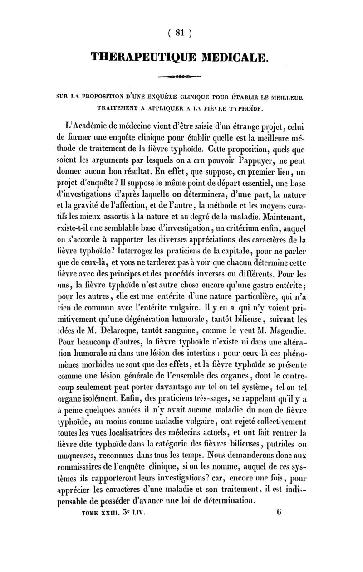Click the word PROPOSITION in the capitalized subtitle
coord(91,97)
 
